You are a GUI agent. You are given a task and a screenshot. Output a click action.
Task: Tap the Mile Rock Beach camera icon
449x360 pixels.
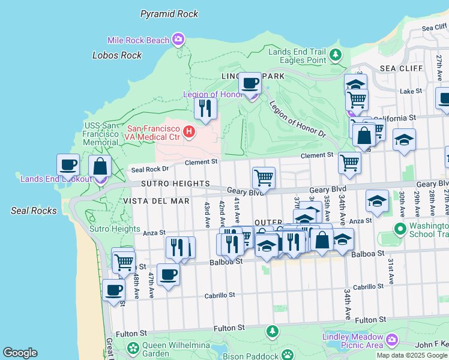178,40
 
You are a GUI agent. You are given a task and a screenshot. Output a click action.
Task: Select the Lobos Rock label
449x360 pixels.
117,55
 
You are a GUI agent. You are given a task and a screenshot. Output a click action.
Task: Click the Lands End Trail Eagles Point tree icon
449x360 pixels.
336,56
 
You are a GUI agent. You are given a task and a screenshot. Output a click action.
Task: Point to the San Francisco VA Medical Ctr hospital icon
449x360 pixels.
190,131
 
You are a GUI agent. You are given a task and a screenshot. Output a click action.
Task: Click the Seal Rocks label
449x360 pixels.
34,211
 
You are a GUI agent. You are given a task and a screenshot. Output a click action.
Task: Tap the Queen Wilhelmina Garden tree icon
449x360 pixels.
133,347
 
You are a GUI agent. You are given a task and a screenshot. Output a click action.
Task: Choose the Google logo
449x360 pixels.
20,353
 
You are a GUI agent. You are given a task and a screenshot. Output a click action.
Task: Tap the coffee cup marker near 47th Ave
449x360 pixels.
168,274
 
